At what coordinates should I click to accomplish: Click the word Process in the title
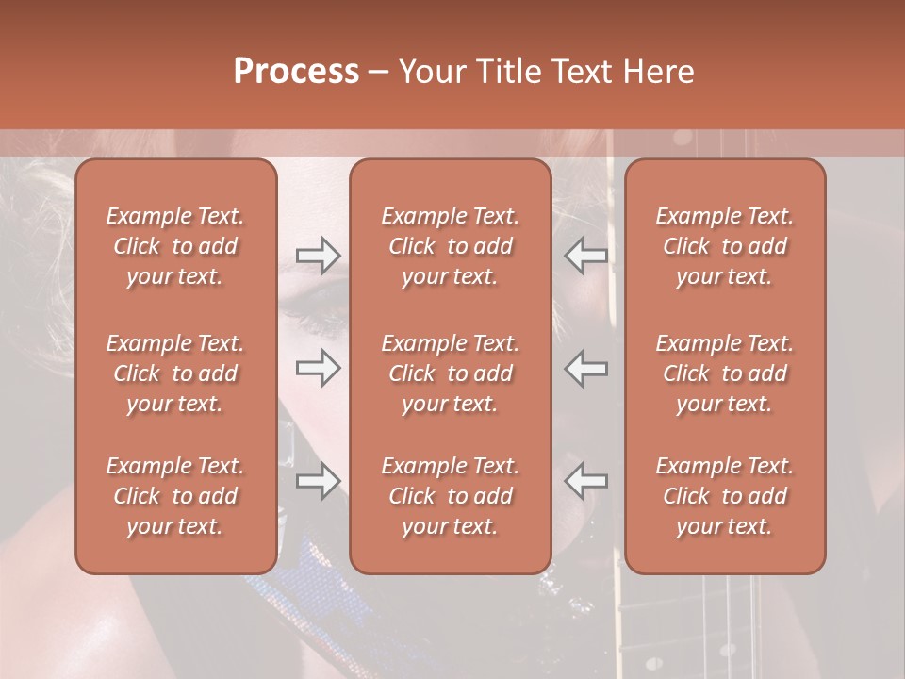point(296,72)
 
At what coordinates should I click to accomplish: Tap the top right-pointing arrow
point(318,256)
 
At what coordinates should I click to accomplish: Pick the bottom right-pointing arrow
point(318,481)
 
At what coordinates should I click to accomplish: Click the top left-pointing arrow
point(585,256)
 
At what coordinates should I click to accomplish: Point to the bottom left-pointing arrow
point(585,481)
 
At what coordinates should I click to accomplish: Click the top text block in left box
point(175,246)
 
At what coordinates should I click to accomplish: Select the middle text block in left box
point(175,373)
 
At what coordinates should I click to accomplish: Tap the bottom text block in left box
point(175,496)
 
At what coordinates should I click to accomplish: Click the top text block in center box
point(450,246)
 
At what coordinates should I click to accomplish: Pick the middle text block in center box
point(450,373)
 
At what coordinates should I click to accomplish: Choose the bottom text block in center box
point(450,496)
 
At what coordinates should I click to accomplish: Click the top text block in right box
point(724,246)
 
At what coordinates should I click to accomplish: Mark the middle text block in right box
point(724,373)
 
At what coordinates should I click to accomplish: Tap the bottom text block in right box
point(724,496)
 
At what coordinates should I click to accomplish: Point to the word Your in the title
point(430,72)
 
